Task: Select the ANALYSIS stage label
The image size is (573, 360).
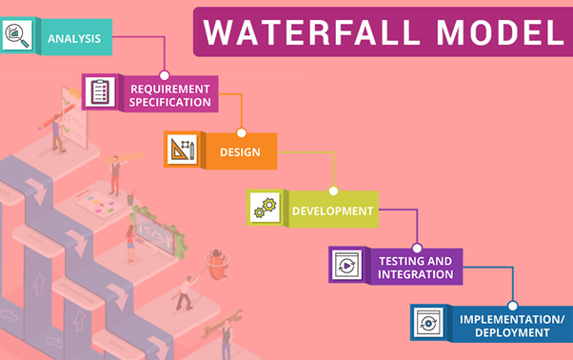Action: (x=75, y=38)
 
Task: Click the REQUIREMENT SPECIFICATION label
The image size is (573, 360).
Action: (x=169, y=94)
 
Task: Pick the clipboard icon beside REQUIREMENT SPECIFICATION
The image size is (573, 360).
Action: (x=100, y=93)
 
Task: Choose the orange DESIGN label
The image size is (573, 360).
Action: (x=240, y=151)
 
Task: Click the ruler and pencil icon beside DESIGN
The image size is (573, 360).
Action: (x=182, y=150)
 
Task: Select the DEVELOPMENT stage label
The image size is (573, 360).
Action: (x=332, y=210)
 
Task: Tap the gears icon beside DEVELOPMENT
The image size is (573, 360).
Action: (x=262, y=207)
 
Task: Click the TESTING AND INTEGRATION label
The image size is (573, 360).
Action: (x=415, y=267)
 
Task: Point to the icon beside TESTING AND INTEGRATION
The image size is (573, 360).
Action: (x=344, y=265)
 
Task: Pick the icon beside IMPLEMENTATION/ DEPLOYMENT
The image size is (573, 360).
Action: (x=426, y=323)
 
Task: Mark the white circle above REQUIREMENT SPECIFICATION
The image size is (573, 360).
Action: (x=165, y=74)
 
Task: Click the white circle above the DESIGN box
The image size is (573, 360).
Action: (x=241, y=132)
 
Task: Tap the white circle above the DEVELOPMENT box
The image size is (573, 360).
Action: (x=333, y=190)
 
